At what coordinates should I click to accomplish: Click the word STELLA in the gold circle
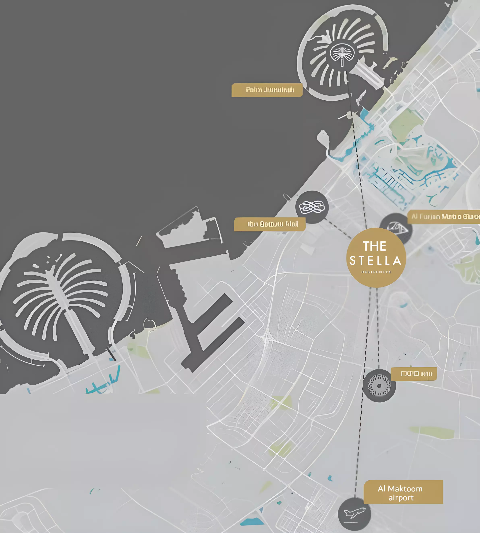[375, 261]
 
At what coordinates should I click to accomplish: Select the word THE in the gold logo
[374, 246]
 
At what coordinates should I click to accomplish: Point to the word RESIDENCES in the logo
[376, 272]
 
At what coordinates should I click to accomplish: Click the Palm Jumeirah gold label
[267, 90]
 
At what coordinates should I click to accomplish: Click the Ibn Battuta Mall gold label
[270, 224]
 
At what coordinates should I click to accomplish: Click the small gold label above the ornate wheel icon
[413, 374]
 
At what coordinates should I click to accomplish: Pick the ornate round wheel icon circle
[379, 386]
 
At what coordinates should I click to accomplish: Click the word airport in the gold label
[401, 498]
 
